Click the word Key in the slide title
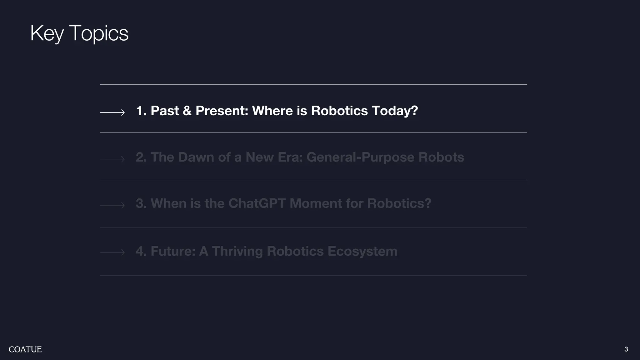pyautogui.click(x=47, y=33)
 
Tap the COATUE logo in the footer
pyautogui.click(x=25, y=349)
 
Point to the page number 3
pyautogui.click(x=626, y=349)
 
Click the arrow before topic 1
pyautogui.click(x=112, y=112)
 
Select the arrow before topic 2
pyautogui.click(x=112, y=159)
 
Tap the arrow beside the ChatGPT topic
pyautogui.click(x=112, y=205)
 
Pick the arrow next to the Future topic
pyautogui.click(x=112, y=252)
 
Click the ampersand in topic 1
pyautogui.click(x=187, y=111)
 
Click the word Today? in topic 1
pyautogui.click(x=395, y=111)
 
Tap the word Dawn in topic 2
pyautogui.click(x=196, y=157)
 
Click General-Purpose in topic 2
pyautogui.click(x=360, y=157)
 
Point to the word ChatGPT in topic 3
pyautogui.click(x=257, y=203)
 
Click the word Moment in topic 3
pyautogui.click(x=315, y=203)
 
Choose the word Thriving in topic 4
pyautogui.click(x=237, y=251)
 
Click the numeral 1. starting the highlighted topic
pyautogui.click(x=141, y=111)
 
